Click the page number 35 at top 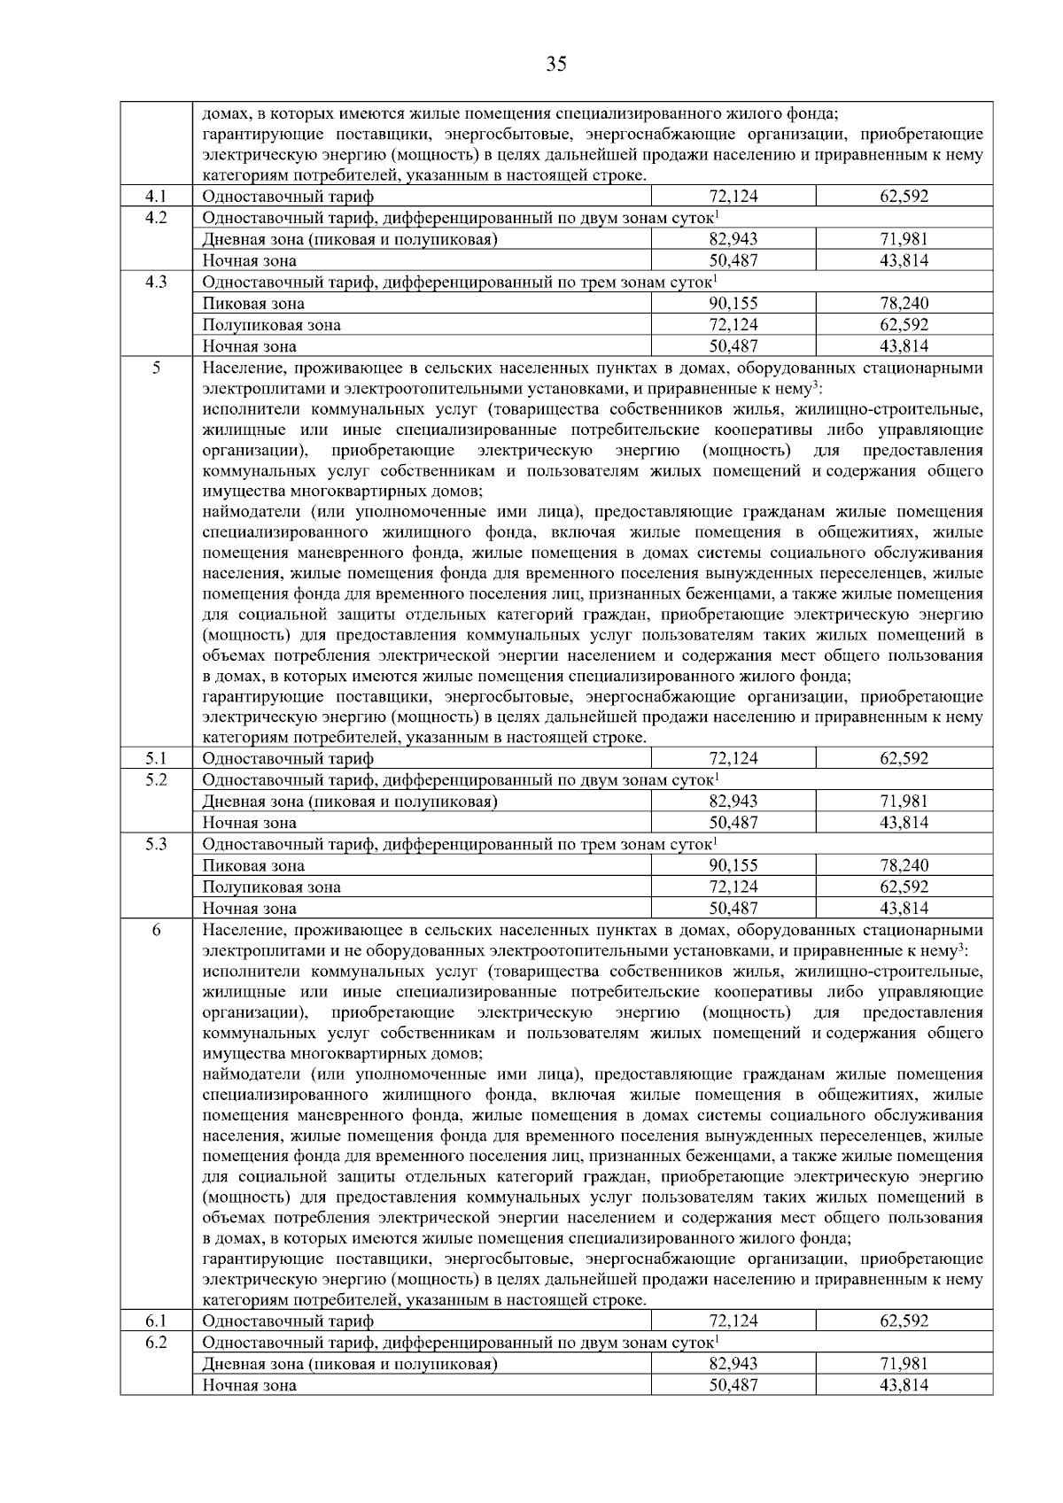[555, 64]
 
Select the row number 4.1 [156, 197]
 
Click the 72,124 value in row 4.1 [733, 197]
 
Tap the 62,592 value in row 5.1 [904, 758]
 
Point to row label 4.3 [156, 282]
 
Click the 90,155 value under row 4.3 [733, 304]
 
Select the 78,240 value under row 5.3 [904, 865]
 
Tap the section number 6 [156, 930]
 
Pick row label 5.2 [156, 779]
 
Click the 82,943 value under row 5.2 [733, 802]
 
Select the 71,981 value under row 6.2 [904, 1363]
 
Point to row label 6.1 [156, 1321]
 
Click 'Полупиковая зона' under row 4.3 [271, 325]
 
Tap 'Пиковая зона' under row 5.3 [253, 865]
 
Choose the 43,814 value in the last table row [904, 1384]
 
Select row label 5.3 [156, 844]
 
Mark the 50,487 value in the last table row [733, 1384]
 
